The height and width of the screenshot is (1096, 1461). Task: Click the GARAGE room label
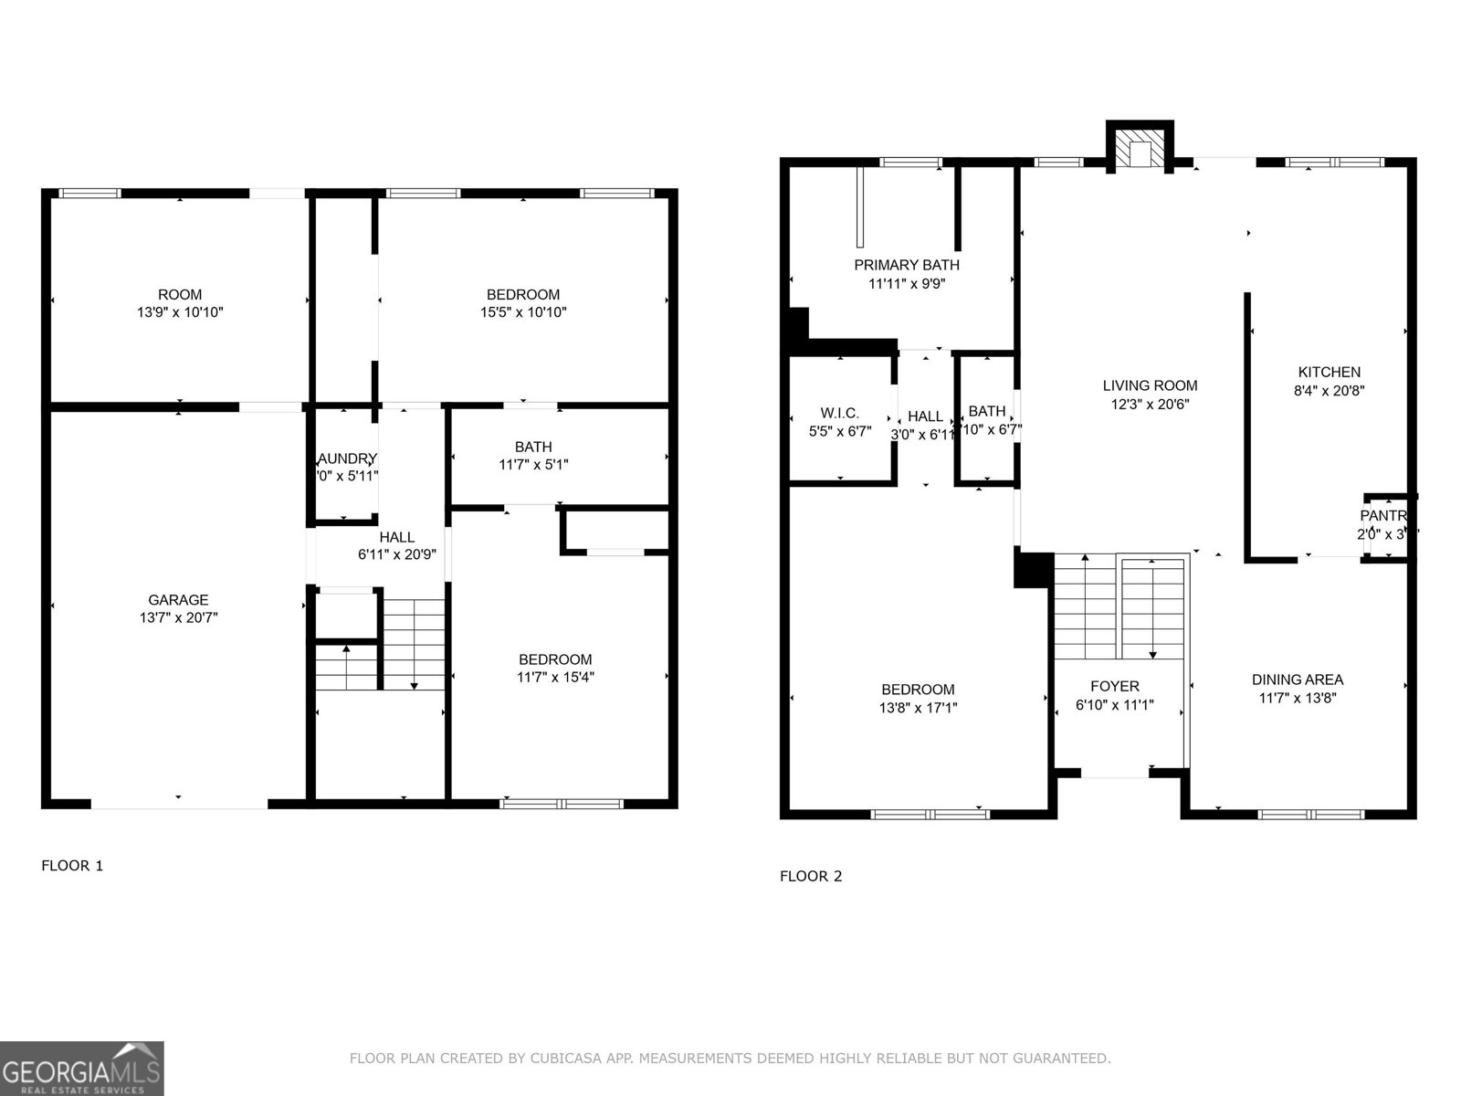click(178, 600)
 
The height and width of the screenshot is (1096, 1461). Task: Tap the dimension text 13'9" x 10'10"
click(179, 312)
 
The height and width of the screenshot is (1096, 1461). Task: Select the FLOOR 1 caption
click(72, 866)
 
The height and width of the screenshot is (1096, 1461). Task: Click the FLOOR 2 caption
click(811, 877)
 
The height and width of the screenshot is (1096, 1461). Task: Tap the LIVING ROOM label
click(1150, 386)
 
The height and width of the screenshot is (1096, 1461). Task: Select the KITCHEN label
click(1329, 373)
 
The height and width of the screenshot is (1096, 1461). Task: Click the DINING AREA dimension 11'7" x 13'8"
click(1297, 698)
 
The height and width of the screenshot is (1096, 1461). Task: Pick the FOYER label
click(1114, 687)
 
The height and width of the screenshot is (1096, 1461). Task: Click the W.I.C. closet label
click(839, 414)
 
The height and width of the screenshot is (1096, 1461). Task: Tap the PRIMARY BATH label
click(907, 266)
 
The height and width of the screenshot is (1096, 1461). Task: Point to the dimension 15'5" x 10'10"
click(523, 312)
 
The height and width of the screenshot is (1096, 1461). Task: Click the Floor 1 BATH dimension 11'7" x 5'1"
click(533, 465)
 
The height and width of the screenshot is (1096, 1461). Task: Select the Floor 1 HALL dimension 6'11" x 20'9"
click(397, 554)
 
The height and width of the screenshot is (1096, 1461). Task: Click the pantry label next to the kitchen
click(1383, 517)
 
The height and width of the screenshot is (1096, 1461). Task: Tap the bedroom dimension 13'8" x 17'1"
click(918, 708)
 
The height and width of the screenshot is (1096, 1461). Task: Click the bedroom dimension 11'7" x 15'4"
click(555, 678)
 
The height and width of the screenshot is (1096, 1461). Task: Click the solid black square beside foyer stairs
click(1032, 570)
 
